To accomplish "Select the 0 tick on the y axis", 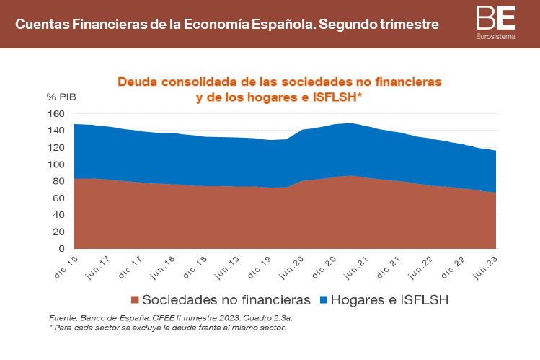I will point(62,249).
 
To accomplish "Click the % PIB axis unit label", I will point(61,97).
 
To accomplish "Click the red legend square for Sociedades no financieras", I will point(135,299).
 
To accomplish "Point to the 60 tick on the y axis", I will point(58,198).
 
